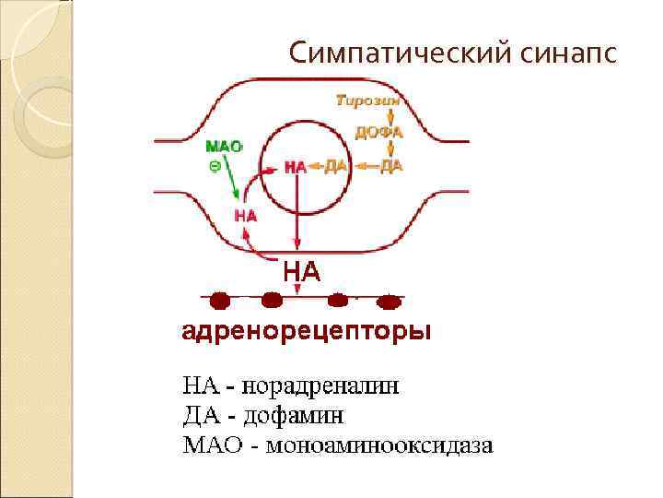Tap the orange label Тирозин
(366, 100)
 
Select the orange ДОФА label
(379, 131)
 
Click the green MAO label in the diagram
(223, 147)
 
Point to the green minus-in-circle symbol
(214, 166)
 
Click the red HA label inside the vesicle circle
(295, 167)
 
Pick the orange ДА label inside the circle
(334, 166)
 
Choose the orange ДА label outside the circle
(392, 166)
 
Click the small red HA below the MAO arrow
(245, 215)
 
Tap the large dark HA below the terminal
(301, 271)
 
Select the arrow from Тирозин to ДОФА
(391, 115)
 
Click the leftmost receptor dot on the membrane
(219, 301)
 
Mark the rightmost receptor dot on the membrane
(390, 301)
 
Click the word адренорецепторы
(306, 329)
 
